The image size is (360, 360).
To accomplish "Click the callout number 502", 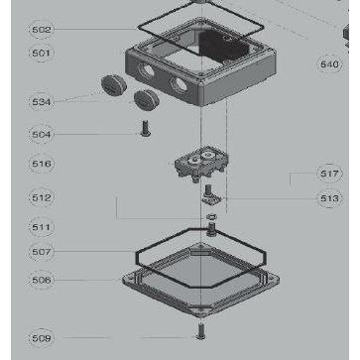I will click(x=41, y=30).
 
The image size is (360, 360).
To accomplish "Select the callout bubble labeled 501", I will click(x=41, y=52).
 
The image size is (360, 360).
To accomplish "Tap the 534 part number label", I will click(x=41, y=101).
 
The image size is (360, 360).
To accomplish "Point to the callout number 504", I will click(x=41, y=134).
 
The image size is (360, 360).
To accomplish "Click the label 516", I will click(x=41, y=164).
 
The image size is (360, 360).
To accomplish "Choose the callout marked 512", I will click(x=41, y=196).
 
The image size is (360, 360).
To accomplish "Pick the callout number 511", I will click(x=41, y=227).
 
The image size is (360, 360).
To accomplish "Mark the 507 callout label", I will click(x=41, y=252).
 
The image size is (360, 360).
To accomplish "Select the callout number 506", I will click(x=41, y=281).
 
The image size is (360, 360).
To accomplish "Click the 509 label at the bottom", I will click(x=41, y=338).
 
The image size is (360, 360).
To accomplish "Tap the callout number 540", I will click(x=329, y=64).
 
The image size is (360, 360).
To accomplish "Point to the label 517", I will click(x=329, y=174).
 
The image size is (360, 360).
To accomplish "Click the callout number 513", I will click(x=329, y=198).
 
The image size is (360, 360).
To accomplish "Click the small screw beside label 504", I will click(x=145, y=128).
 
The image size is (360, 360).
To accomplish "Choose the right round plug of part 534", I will click(x=148, y=98).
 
